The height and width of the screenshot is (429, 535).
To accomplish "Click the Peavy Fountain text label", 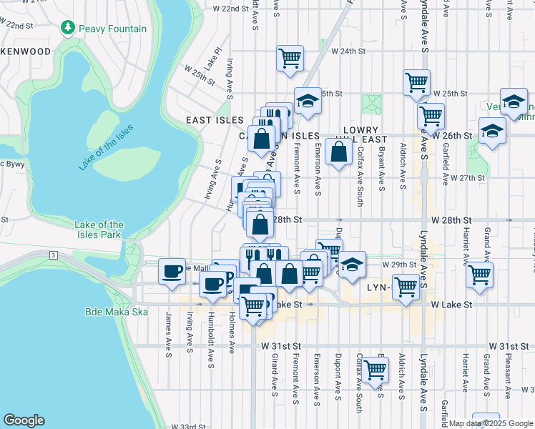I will (x=113, y=29).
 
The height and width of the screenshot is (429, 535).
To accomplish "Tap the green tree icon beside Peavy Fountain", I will (x=68, y=28).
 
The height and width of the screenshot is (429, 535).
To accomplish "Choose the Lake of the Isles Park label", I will (x=99, y=230).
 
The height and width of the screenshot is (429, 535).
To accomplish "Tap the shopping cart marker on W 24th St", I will (x=290, y=58).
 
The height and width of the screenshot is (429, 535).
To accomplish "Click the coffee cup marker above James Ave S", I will (x=172, y=271).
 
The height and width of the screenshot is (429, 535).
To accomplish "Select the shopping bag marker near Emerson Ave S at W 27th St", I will (x=338, y=152).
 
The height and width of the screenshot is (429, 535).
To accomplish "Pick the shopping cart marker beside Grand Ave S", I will (x=479, y=275).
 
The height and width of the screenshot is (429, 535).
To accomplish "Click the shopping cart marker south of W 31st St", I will (x=375, y=370).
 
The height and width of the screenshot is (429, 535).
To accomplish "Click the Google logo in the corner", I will (x=24, y=420).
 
